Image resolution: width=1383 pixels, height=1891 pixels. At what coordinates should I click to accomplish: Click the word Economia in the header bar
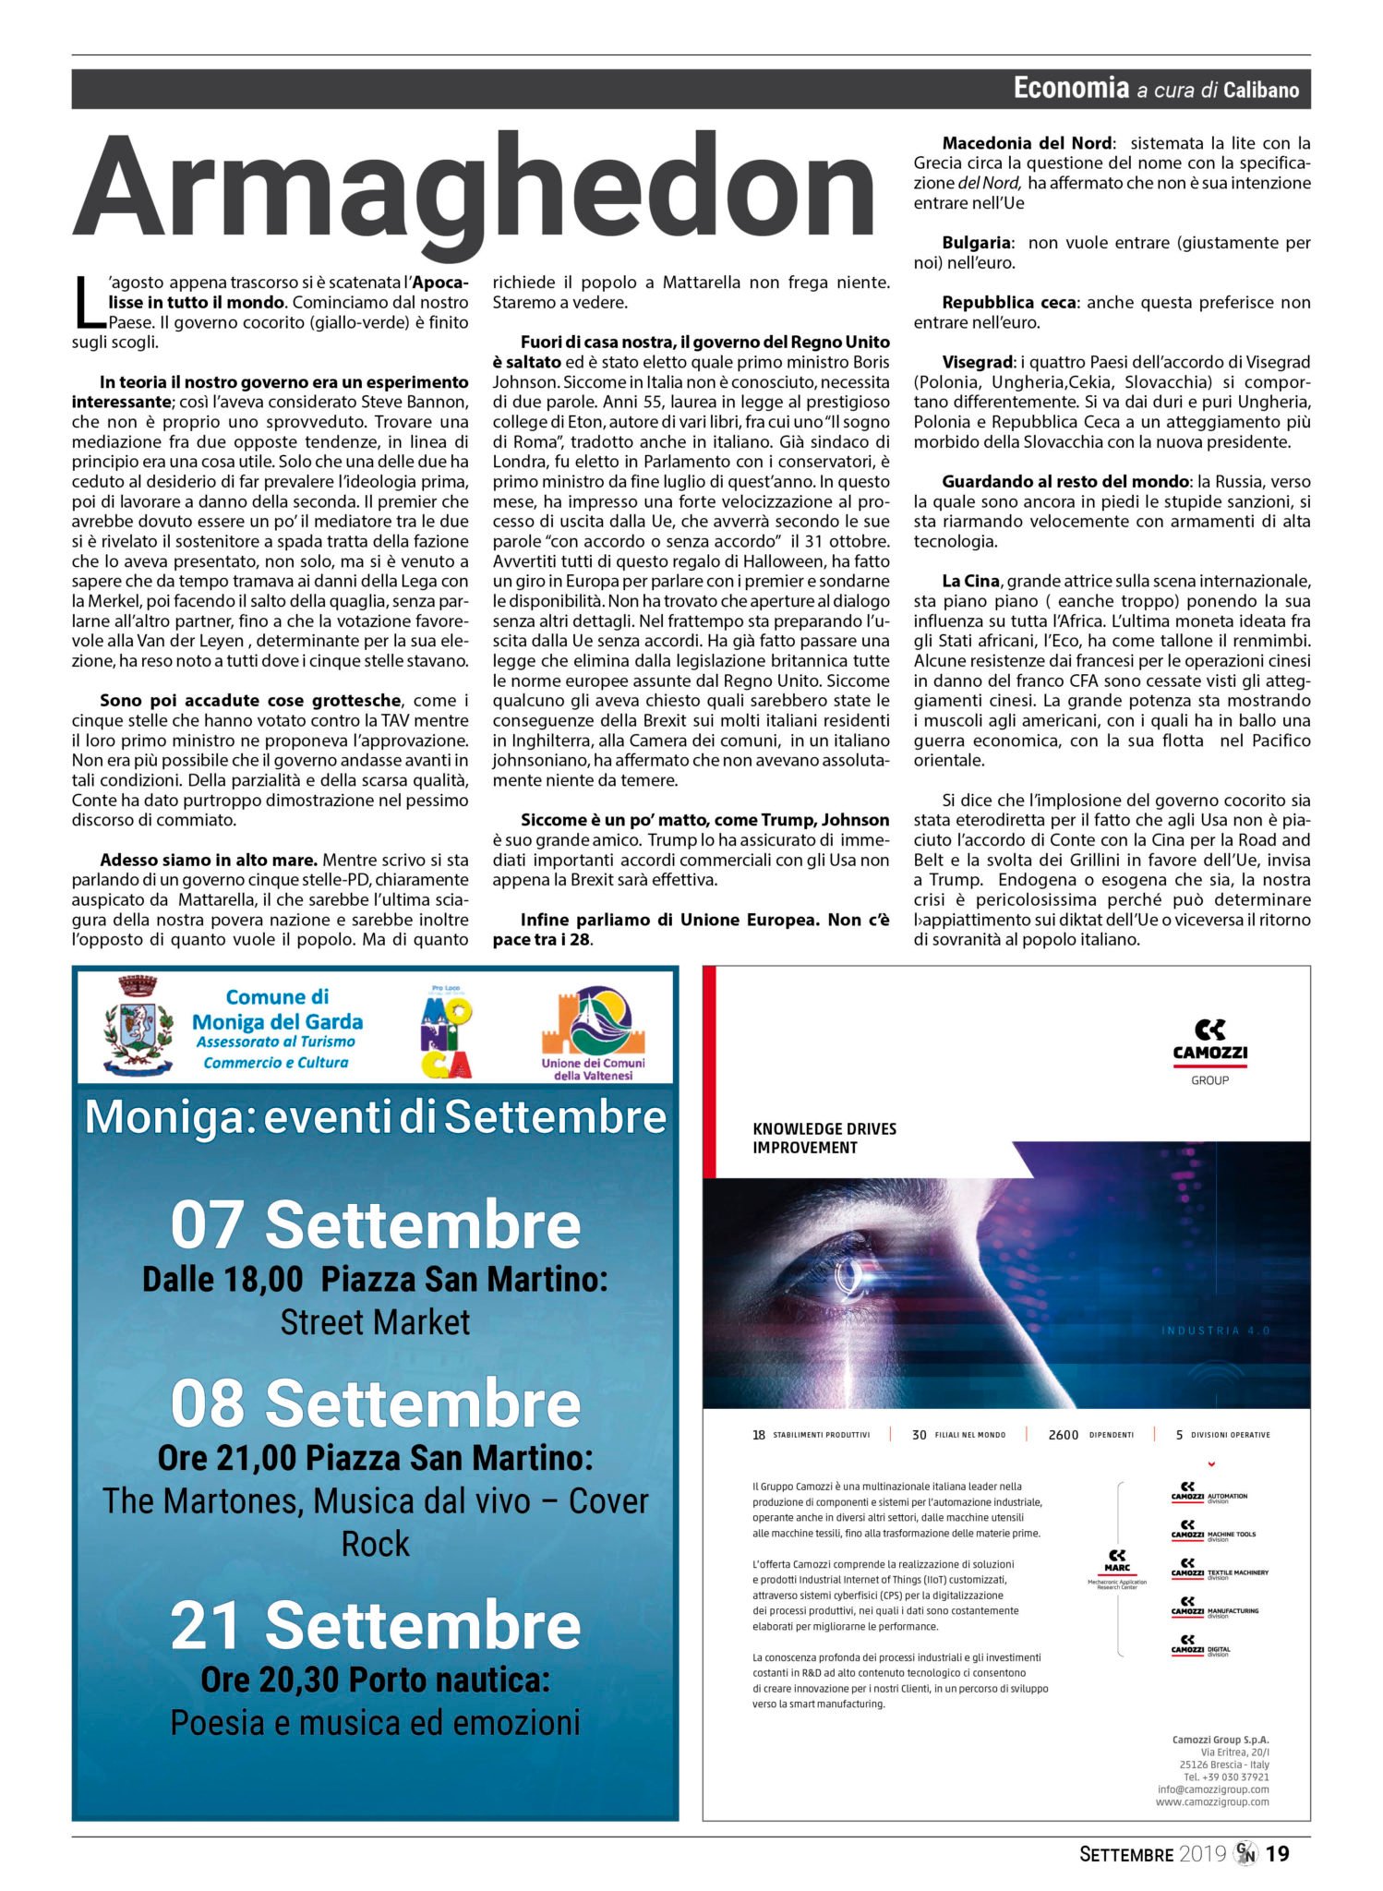(x=1071, y=88)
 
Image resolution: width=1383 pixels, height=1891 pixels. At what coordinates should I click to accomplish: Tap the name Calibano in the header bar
(x=1261, y=90)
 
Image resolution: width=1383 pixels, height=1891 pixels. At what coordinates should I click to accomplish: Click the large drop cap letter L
(x=89, y=302)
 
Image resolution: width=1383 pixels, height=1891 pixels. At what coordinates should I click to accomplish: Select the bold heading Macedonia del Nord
(x=1027, y=143)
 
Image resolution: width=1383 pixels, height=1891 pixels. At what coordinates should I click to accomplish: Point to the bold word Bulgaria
(x=976, y=243)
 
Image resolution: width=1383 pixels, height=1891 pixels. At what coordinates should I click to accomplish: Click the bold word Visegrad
(x=978, y=362)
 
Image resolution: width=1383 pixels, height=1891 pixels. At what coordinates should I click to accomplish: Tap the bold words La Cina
(x=970, y=581)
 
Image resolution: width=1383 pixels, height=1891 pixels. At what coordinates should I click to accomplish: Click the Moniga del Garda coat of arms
(x=138, y=1025)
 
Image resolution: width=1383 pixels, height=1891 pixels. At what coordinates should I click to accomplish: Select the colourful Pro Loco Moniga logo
(x=446, y=1031)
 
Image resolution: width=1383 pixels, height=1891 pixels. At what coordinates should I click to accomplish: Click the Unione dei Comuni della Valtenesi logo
(x=593, y=1031)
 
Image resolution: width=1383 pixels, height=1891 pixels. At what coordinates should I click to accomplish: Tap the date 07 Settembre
(x=375, y=1225)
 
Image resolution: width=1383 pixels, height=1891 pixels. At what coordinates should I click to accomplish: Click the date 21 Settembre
(x=375, y=1625)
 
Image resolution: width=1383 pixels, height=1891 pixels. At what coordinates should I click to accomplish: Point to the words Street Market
(x=375, y=1322)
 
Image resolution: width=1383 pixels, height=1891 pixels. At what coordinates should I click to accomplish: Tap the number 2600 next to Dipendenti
(x=1063, y=1435)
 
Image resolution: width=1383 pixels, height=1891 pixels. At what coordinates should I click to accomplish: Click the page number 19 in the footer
(x=1277, y=1853)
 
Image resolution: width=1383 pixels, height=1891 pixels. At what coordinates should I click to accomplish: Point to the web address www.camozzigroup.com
(x=1212, y=1801)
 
